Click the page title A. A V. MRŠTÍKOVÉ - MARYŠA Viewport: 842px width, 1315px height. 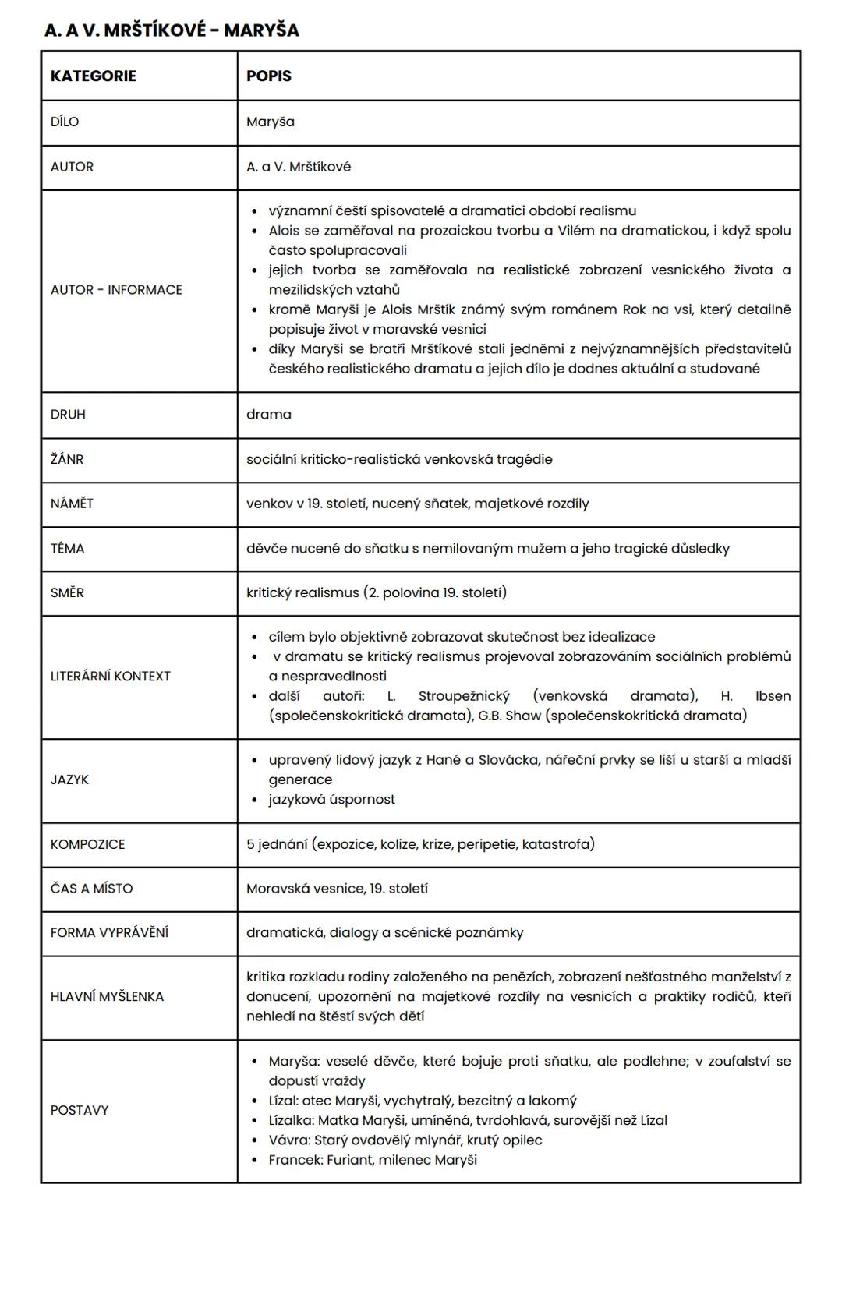[x=172, y=30]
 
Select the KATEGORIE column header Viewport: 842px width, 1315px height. [x=93, y=76]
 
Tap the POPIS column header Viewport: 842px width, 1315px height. [x=269, y=76]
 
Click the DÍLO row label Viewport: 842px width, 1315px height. [x=65, y=122]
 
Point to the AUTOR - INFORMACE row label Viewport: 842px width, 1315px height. [x=116, y=289]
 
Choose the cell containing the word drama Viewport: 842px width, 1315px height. [x=269, y=414]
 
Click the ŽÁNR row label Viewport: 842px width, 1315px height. [x=67, y=459]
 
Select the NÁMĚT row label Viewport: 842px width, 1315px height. [x=72, y=504]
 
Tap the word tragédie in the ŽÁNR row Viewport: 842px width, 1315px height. [x=522, y=459]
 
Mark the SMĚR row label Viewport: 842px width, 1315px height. [x=67, y=592]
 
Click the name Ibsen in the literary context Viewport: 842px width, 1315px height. [x=773, y=696]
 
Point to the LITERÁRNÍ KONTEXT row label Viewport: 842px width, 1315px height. [x=110, y=676]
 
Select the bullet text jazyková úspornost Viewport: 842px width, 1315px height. [x=331, y=799]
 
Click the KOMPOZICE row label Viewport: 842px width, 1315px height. [x=87, y=844]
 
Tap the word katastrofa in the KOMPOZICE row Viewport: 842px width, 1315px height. [x=557, y=844]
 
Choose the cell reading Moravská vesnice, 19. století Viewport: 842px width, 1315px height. [x=337, y=889]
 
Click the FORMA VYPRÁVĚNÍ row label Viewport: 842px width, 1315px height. [x=109, y=932]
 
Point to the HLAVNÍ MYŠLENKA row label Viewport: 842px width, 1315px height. [x=107, y=996]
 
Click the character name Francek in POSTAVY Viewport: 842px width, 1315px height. [x=294, y=1160]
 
